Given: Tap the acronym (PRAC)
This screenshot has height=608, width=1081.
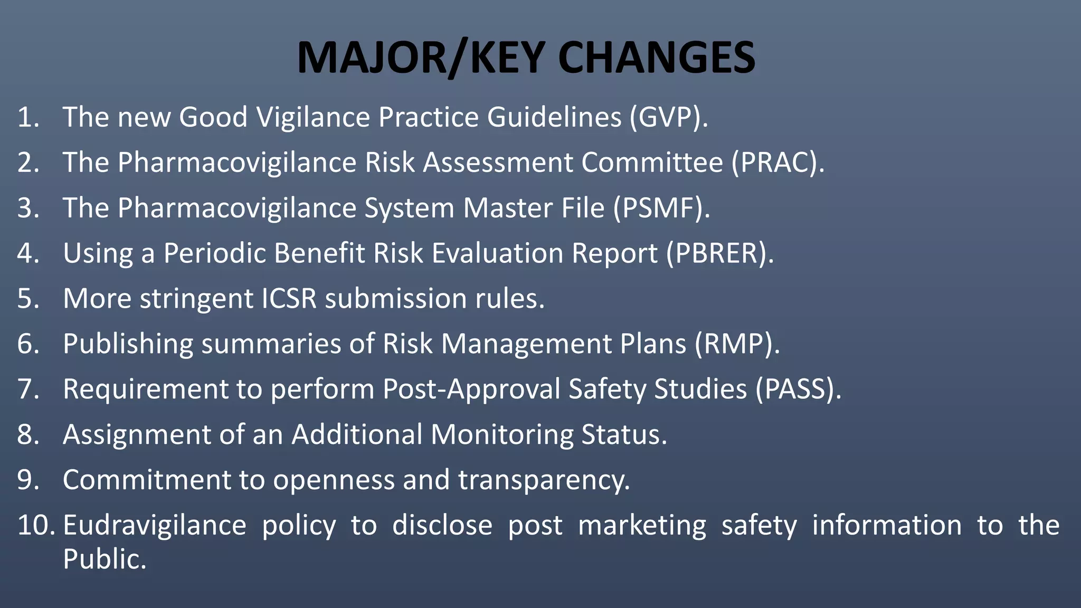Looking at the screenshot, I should [777, 162].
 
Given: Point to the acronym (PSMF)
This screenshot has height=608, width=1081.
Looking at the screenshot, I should [661, 207].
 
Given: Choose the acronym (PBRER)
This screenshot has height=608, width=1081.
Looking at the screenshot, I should [719, 253].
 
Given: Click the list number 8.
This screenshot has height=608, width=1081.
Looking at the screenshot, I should [27, 434].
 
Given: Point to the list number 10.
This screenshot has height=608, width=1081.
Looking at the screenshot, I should [35, 525].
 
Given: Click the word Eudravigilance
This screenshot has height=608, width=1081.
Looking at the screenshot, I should [154, 525].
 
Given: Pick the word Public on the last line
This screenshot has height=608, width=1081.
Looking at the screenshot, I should [104, 559].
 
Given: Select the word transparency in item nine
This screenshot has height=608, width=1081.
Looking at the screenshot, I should [544, 480].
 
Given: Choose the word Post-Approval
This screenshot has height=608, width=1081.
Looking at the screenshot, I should [471, 389].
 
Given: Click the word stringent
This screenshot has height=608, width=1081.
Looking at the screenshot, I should [196, 298].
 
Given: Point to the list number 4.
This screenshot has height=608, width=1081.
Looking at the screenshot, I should [27, 253].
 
